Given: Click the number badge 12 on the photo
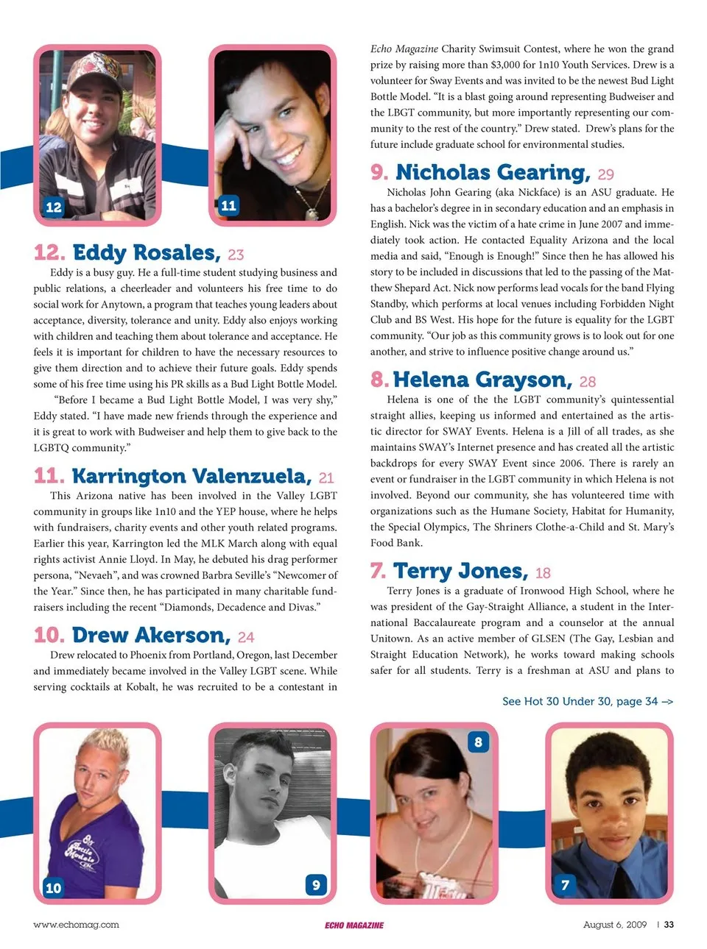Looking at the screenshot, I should pyautogui.click(x=54, y=207).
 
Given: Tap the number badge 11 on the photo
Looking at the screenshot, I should pyautogui.click(x=228, y=205).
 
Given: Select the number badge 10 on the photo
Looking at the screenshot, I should pyautogui.click(x=54, y=887).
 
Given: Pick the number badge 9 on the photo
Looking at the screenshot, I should pyautogui.click(x=316, y=884).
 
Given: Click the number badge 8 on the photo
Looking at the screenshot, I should pyautogui.click(x=478, y=742).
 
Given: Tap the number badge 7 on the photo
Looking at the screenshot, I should pyautogui.click(x=565, y=884).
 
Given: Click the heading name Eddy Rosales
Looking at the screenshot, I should pyautogui.click(x=146, y=253).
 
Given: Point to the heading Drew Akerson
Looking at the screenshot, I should pyautogui.click(x=152, y=636).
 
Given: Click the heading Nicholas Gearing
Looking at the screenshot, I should pyautogui.click(x=492, y=173).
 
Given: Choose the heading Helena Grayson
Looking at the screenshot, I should pyautogui.click(x=482, y=380).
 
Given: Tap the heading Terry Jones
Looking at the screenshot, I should pyautogui.click(x=460, y=572).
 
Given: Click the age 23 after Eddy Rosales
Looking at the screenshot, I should pyautogui.click(x=236, y=255).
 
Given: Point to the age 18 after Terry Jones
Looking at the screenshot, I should pyautogui.click(x=543, y=573).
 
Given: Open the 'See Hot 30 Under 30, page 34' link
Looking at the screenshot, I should pyautogui.click(x=587, y=701).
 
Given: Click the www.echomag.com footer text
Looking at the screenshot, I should pyautogui.click(x=76, y=925).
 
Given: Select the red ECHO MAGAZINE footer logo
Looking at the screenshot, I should pyautogui.click(x=354, y=925).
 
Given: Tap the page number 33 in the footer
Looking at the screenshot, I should pyautogui.click(x=669, y=925).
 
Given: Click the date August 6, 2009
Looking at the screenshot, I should pyautogui.click(x=614, y=925).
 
